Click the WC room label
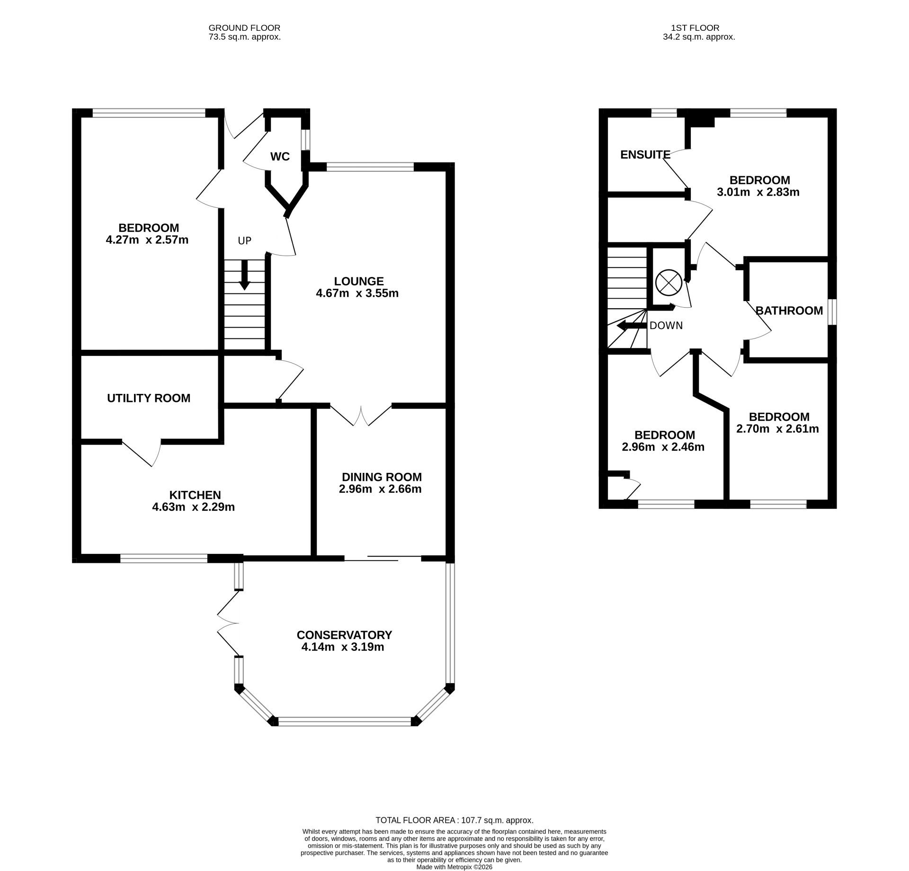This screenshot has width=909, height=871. [x=280, y=157]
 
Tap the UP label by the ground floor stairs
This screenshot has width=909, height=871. [x=244, y=241]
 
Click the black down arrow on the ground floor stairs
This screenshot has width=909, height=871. [x=244, y=275]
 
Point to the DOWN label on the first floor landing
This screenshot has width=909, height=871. [x=666, y=326]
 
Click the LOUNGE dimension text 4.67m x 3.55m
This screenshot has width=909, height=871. [x=357, y=293]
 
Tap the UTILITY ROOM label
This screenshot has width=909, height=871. [x=149, y=399]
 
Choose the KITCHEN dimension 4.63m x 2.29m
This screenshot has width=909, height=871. [x=193, y=507]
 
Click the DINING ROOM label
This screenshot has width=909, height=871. [x=382, y=477]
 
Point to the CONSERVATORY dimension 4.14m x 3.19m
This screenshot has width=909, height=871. [x=343, y=647]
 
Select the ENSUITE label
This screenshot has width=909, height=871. [x=645, y=155]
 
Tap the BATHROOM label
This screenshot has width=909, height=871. [x=789, y=311]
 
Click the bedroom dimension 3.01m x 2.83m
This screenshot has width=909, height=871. [x=758, y=192]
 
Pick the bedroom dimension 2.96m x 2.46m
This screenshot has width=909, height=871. [x=663, y=447]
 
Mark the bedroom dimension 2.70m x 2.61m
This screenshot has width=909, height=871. [x=777, y=429]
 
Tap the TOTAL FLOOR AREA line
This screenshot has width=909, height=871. [x=454, y=820]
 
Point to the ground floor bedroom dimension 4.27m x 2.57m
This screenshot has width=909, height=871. [x=147, y=240]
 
